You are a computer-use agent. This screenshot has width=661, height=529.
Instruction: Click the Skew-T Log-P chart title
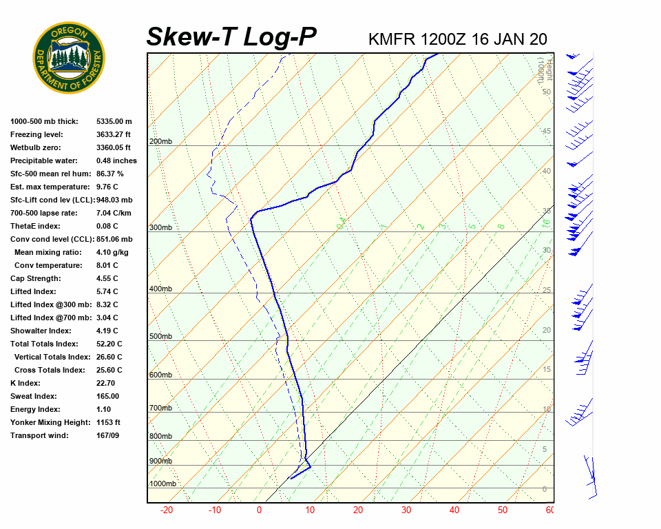[231, 37]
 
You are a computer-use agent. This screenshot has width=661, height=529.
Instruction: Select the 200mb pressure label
[160, 142]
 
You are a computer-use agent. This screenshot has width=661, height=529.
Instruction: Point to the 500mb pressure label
[160, 336]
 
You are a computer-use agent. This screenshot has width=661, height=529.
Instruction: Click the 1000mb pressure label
[162, 484]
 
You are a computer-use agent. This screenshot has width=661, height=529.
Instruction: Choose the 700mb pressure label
[160, 408]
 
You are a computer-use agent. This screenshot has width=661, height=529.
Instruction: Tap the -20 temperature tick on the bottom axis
[167, 510]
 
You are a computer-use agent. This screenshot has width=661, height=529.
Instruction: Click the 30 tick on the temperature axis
[406, 510]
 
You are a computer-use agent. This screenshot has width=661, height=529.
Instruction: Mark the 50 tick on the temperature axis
[503, 510]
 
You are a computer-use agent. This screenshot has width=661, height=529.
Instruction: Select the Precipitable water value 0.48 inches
[116, 160]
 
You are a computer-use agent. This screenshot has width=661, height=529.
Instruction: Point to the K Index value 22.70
[107, 383]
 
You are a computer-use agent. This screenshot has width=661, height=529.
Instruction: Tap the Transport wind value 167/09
[109, 435]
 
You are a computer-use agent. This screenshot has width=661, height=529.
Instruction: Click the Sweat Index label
[34, 396]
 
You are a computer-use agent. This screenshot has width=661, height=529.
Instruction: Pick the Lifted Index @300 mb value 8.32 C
[107, 304]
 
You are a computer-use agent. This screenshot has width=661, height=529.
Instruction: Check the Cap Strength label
[35, 278]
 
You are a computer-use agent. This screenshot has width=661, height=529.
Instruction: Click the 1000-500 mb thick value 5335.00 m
[114, 121]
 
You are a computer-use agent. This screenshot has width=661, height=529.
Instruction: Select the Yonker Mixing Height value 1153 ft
[109, 422]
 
